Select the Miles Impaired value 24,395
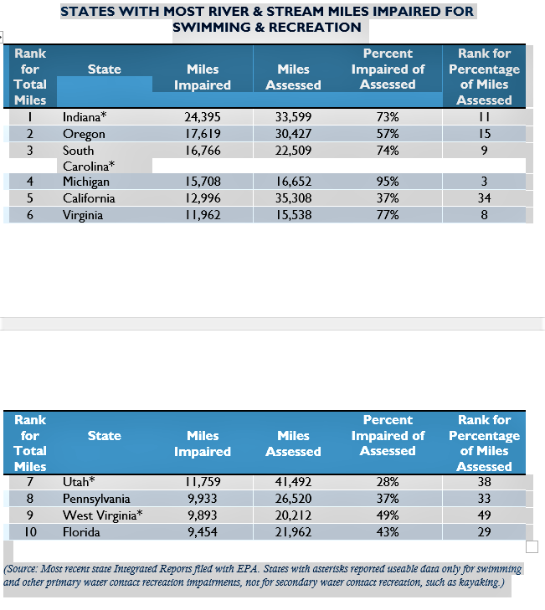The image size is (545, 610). [203, 116]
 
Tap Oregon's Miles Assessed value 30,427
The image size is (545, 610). [293, 134]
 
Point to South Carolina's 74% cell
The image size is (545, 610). [388, 151]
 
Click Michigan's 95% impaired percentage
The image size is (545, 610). [388, 182]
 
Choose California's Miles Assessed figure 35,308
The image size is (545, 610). [293, 198]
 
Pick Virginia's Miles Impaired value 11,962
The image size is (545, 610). [203, 215]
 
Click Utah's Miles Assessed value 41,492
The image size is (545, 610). [293, 482]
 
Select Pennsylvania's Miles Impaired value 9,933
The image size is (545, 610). [203, 499]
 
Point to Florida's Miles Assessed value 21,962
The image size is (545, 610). [293, 532]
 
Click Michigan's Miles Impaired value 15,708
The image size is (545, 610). [203, 182]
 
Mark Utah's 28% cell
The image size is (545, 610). [388, 482]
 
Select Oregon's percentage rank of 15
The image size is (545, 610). [484, 134]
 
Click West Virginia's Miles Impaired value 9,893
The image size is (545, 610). [203, 515]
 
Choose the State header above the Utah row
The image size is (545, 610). [105, 436]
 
